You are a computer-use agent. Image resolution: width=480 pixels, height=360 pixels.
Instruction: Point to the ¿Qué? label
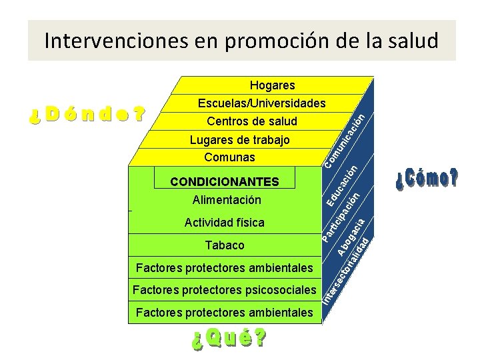pos(229,340)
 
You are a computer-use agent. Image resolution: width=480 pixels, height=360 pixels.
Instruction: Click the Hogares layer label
pos(272,85)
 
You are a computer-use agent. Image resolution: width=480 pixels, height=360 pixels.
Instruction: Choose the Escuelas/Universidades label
pos(261,103)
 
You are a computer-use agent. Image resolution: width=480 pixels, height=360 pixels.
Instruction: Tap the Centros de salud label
pos(252,121)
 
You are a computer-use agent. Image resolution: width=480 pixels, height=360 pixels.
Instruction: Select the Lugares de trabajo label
pos(240,140)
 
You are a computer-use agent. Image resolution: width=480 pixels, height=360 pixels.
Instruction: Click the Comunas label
pos(229,157)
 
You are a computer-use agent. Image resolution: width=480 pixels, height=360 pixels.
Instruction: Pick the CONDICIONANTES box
pos(225,181)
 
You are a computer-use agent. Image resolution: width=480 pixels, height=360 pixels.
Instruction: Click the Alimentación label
pos(227,200)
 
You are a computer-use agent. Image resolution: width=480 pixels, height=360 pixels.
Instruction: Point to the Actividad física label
pos(225,223)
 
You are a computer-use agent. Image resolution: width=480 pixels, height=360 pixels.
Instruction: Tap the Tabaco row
pos(225,245)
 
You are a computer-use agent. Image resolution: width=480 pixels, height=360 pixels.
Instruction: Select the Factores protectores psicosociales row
pos(224,290)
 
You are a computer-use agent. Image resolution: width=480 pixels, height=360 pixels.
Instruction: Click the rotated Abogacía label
pos(351,238)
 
